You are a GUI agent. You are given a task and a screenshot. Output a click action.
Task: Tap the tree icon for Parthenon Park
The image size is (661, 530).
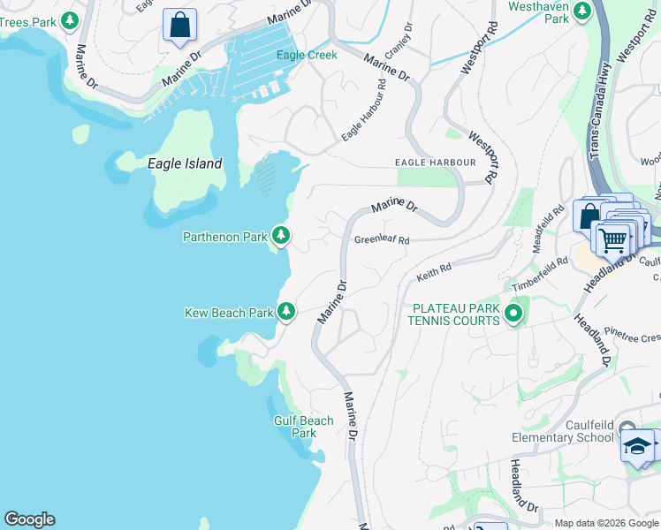(281, 235)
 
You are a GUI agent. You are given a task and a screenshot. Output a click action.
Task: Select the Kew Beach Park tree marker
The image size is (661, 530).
(286, 311)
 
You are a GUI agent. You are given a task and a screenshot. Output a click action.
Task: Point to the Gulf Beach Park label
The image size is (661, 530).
(304, 427)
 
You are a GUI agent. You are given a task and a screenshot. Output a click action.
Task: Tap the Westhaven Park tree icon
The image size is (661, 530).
(581, 11)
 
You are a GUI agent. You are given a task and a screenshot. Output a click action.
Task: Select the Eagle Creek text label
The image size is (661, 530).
(307, 55)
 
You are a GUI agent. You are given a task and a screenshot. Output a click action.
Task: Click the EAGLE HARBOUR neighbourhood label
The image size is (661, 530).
(435, 163)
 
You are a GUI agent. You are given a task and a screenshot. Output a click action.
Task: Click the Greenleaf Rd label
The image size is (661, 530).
(382, 239)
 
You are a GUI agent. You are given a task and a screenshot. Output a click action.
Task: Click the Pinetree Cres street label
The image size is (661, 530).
(632, 337)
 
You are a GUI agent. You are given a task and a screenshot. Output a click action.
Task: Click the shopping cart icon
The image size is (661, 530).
(612, 238)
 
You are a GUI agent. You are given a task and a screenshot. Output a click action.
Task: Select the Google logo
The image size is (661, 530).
(29, 519)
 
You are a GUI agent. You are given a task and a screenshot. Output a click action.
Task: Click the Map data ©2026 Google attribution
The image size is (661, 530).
(606, 523)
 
